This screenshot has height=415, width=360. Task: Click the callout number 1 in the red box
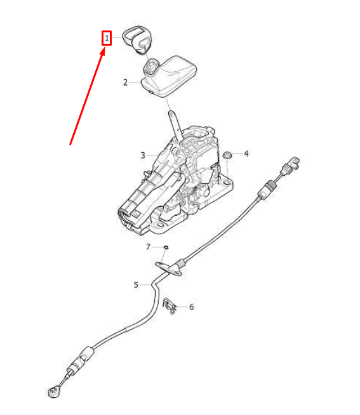pos(107,39)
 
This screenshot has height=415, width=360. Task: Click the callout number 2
pos(126,82)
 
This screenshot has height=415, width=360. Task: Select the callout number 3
pos(143,155)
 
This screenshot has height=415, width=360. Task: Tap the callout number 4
pos(246,154)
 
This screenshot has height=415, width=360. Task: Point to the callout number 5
pos(136,285)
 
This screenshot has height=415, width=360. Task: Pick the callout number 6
pos(192,307)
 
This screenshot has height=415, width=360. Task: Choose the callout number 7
pos(149,247)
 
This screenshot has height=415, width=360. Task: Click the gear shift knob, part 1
pos(138,40)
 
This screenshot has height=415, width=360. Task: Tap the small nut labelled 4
pos(226,154)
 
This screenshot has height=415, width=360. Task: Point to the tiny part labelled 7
pos(166,247)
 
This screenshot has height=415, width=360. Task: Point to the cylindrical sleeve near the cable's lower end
pos(80,362)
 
